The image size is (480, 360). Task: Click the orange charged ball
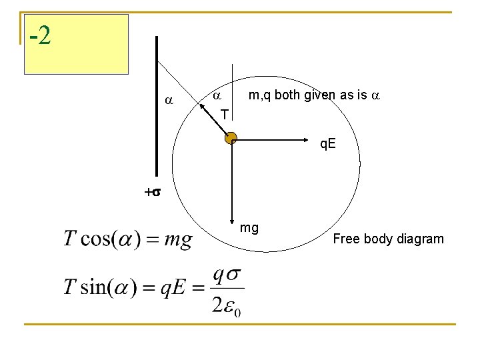pyautogui.click(x=231, y=139)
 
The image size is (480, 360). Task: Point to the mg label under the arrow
pyautogui.click(x=249, y=228)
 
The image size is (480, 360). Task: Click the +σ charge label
pyautogui.click(x=152, y=192)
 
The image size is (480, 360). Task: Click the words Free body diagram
pyautogui.click(x=388, y=239)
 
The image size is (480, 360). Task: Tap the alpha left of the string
pyautogui.click(x=169, y=100)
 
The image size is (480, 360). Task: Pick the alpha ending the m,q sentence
pyautogui.click(x=375, y=95)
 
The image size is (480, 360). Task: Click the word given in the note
pyautogui.click(x=319, y=95)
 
